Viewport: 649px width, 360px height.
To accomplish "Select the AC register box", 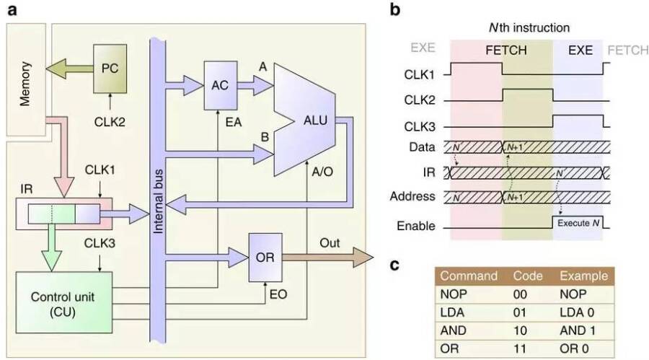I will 219,84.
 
